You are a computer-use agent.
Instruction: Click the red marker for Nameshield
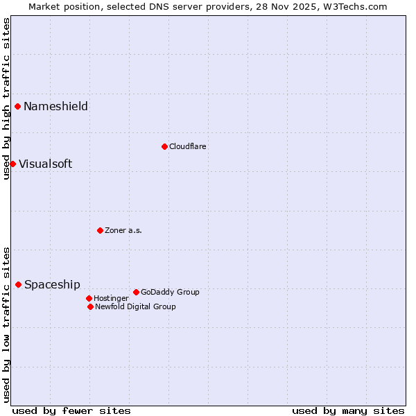pyautogui.click(x=17, y=106)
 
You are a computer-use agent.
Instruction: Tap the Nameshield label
pyautogui.click(x=55, y=106)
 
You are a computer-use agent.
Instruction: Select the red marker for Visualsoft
pyautogui.click(x=12, y=164)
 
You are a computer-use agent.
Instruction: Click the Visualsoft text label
pyautogui.click(x=45, y=164)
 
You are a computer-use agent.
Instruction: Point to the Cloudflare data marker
pyautogui.click(x=164, y=146)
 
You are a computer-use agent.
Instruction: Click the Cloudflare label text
pyautogui.click(x=188, y=146)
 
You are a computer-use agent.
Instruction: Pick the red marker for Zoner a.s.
pyautogui.click(x=100, y=230)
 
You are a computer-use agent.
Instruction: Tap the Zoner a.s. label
pyautogui.click(x=123, y=230)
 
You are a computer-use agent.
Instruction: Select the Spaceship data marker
pyautogui.click(x=18, y=284)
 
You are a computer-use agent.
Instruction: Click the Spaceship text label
pyautogui.click(x=52, y=285)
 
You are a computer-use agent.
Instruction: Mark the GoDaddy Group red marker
pyautogui.click(x=136, y=292)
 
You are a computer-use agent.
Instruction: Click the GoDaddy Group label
pyautogui.click(x=170, y=292)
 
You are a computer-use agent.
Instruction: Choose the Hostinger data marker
pyautogui.click(x=89, y=298)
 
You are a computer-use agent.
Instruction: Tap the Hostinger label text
pyautogui.click(x=111, y=298)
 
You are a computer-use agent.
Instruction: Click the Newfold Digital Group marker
pyautogui.click(x=90, y=306)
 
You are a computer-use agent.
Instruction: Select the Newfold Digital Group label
pyautogui.click(x=135, y=306)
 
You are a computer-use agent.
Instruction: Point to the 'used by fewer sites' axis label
pyautogui.click(x=71, y=410)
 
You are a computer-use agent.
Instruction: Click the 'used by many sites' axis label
pyautogui.click(x=348, y=410)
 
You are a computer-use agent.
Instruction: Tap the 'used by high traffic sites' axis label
pyautogui.click(x=6, y=98)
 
